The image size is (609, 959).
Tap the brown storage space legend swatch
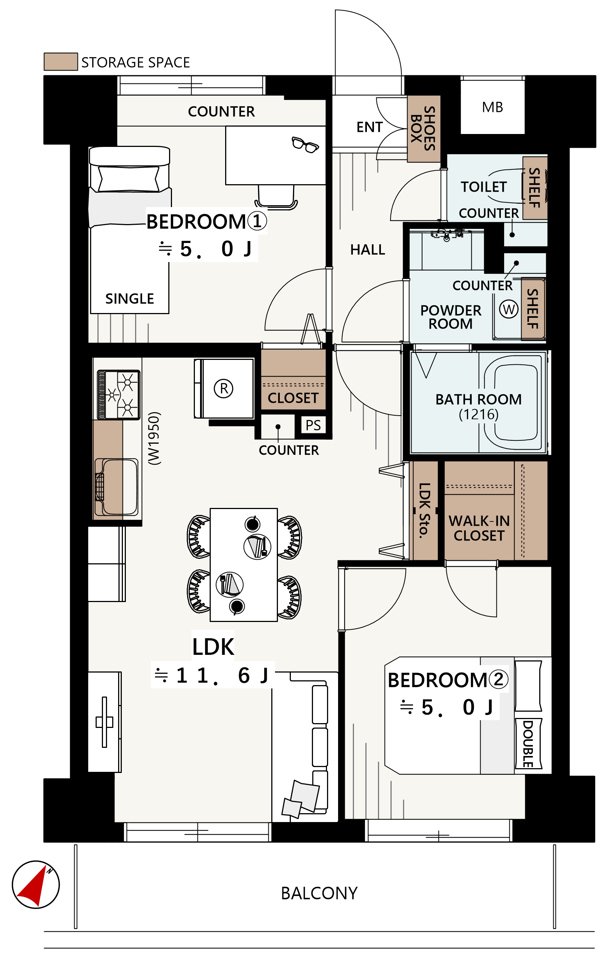[61, 61]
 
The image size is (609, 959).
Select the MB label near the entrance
[492, 107]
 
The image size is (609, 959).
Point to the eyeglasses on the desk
[305, 144]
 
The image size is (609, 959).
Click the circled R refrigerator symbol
[224, 388]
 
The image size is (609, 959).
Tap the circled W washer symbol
[509, 309]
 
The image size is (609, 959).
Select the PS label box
[313, 425]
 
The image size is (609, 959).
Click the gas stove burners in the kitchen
[119, 395]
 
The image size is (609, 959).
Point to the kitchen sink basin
[117, 487]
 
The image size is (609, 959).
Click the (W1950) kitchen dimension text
[154, 438]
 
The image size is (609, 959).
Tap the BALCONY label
[319, 893]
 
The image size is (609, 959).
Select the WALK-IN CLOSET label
[479, 528]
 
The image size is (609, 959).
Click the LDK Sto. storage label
[424, 510]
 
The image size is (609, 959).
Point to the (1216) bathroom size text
[478, 415]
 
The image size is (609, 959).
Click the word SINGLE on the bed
[130, 299]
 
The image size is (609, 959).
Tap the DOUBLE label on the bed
[528, 743]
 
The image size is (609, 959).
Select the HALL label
[368, 250]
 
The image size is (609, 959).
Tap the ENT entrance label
[369, 127]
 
